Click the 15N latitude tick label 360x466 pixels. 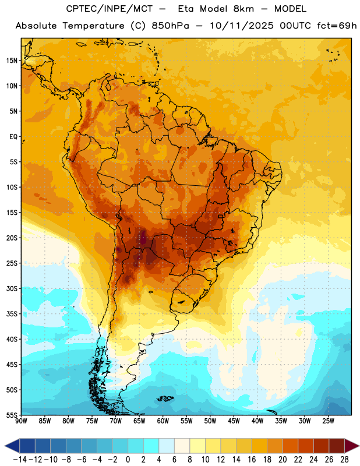(x=12, y=61)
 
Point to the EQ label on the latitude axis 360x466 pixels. (x=13, y=137)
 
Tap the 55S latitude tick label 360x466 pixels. (x=12, y=415)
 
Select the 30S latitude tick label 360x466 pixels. (x=12, y=288)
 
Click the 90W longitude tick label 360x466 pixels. (x=21, y=421)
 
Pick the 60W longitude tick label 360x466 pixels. (x=163, y=421)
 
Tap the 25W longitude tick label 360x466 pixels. (x=328, y=421)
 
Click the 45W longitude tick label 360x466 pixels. (x=234, y=421)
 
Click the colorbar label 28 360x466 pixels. (x=344, y=460)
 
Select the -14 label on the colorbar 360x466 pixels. (x=20, y=460)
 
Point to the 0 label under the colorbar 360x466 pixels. (x=128, y=460)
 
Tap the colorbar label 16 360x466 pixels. (x=252, y=460)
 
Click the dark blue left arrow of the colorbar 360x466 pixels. (x=12, y=446)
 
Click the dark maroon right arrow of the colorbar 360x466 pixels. (x=352, y=446)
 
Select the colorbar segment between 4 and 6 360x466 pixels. (x=167, y=446)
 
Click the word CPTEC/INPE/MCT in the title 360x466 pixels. (x=109, y=9)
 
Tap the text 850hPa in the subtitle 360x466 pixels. (x=170, y=26)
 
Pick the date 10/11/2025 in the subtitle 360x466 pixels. (x=242, y=26)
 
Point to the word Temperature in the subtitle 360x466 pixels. (x=93, y=26)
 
